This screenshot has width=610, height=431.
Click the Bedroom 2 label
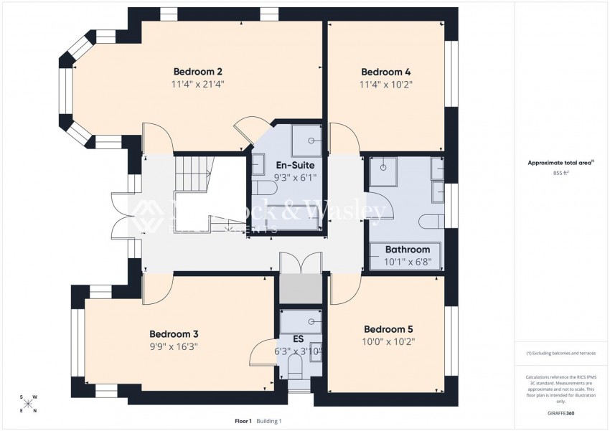coord(197,72)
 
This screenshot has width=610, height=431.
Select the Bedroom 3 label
coord(173,333)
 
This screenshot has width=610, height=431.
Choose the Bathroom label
coord(407,250)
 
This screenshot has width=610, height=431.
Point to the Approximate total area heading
coord(560,163)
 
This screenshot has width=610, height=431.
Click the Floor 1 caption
coord(243,421)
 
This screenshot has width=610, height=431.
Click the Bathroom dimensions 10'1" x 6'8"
coord(407,262)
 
